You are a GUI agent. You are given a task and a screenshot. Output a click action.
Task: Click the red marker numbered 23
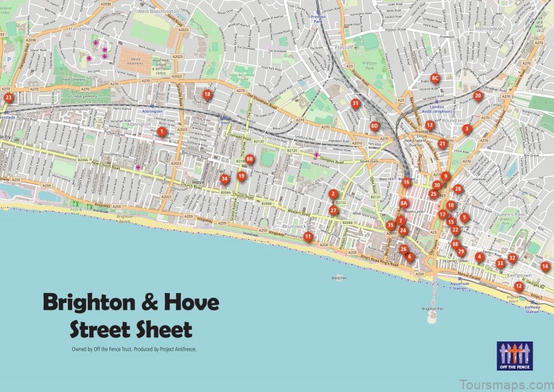(8, 98)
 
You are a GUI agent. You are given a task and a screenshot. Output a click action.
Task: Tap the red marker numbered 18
(207, 94)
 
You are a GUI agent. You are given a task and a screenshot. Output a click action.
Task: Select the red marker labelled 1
(161, 131)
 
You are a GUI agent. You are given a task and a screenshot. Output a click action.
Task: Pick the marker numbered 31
(355, 104)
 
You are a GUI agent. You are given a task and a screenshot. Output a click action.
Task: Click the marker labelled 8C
(436, 78)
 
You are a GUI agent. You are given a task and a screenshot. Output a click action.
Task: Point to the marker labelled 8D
(375, 126)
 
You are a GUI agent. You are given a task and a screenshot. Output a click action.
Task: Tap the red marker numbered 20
(478, 96)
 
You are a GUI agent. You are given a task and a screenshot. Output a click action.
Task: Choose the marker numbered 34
(224, 178)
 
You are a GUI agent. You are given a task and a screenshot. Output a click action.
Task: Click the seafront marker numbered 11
(307, 236)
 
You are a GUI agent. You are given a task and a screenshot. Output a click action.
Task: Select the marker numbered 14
(545, 266)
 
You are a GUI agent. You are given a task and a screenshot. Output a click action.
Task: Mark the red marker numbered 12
(519, 286)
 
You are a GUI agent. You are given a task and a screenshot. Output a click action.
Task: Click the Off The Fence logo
(514, 355)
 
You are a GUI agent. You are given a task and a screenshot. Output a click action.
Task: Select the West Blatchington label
(160, 11)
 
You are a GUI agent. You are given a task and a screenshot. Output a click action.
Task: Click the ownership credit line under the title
(134, 349)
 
